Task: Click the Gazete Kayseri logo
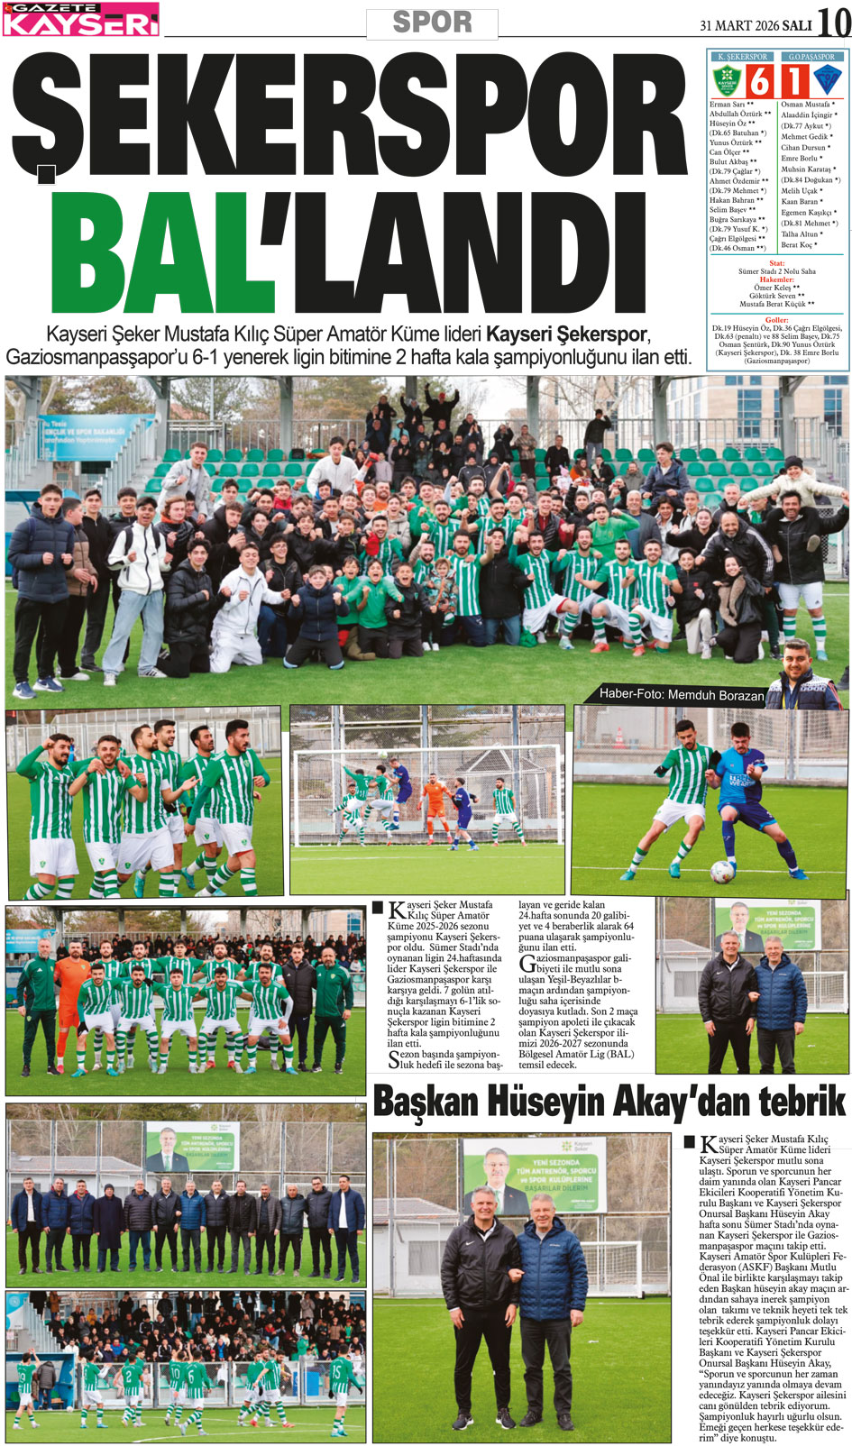tap(81, 19)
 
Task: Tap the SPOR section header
tap(432, 22)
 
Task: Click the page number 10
tap(833, 22)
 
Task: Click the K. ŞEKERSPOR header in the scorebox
tap(742, 57)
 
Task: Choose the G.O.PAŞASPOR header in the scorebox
tap(811, 57)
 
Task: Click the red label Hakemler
tap(776, 279)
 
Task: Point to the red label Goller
tap(776, 320)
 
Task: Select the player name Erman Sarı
tap(727, 105)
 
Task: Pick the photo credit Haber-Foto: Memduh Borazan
tap(682, 695)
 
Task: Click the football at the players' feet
tap(722, 871)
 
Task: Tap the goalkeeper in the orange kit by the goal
tap(436, 807)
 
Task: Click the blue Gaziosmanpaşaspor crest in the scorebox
tap(827, 80)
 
